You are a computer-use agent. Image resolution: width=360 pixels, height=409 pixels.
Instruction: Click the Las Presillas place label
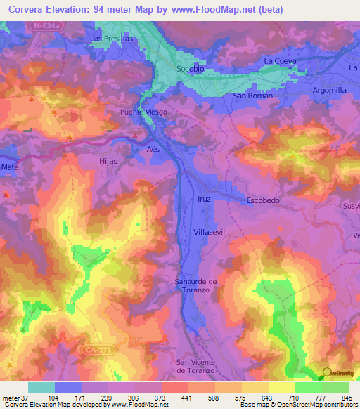tap(112, 39)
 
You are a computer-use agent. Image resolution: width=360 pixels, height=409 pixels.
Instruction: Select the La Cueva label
tap(278, 61)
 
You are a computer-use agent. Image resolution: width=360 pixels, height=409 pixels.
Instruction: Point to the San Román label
tap(252, 96)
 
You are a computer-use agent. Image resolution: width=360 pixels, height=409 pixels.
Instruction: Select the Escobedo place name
tap(264, 201)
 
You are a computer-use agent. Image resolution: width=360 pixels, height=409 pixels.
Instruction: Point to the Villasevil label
tap(208, 231)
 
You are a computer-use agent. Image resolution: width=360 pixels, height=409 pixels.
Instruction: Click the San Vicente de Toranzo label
tap(196, 366)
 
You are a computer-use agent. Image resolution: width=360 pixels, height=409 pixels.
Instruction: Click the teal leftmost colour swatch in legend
tap(41, 387)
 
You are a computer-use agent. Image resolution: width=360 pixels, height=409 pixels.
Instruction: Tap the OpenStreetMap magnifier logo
tap(326, 374)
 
